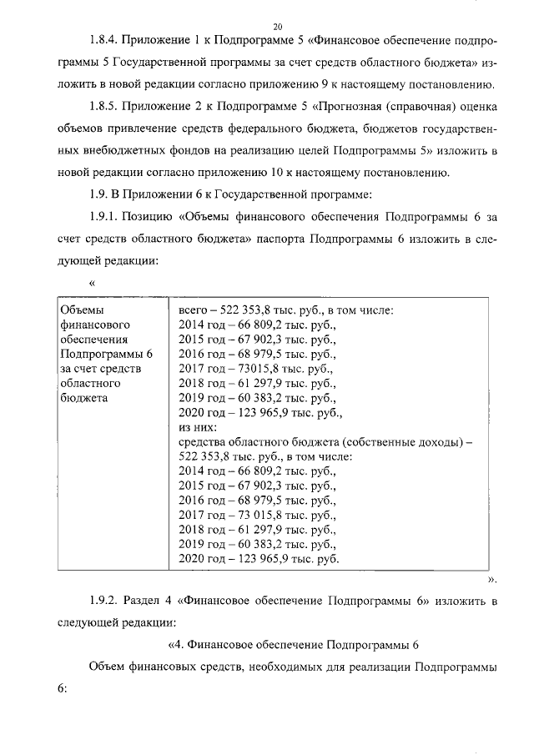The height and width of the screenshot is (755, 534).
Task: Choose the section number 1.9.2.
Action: pos(105,601)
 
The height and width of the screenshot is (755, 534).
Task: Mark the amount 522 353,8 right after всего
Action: pos(246,311)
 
